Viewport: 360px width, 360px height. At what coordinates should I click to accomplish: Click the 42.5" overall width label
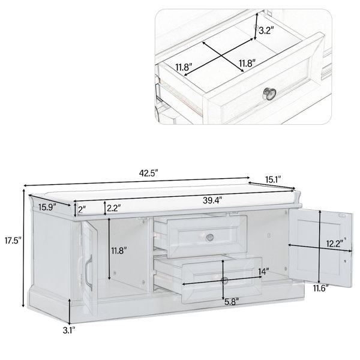(x=149, y=173)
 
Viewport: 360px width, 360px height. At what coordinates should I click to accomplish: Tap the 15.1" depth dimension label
(x=273, y=179)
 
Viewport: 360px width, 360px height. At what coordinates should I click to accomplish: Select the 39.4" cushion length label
(x=212, y=200)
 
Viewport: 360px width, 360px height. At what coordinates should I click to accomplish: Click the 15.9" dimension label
(x=47, y=208)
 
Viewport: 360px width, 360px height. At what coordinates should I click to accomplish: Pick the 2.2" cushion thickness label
(x=114, y=208)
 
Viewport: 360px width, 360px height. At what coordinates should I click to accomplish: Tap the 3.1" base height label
(x=69, y=331)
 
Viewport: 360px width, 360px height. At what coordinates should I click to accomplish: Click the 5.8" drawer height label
(x=232, y=302)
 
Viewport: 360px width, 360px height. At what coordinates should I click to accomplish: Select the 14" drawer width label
(x=263, y=272)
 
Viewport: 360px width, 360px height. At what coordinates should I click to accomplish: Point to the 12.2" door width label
(x=336, y=244)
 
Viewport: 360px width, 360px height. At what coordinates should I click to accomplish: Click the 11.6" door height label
(x=321, y=288)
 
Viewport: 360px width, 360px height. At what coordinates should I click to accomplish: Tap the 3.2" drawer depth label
(x=266, y=31)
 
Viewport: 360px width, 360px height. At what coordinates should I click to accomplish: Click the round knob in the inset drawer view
(x=269, y=94)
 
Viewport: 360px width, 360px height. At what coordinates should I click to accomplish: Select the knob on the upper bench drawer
(x=209, y=238)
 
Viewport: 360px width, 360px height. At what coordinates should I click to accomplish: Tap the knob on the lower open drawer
(x=224, y=280)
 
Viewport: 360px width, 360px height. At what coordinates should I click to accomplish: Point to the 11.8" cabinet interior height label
(x=119, y=251)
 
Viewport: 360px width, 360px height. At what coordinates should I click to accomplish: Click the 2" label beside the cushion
(x=82, y=209)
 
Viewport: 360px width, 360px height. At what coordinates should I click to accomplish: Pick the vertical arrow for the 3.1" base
(x=70, y=311)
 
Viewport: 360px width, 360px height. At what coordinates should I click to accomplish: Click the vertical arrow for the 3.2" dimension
(x=256, y=26)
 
